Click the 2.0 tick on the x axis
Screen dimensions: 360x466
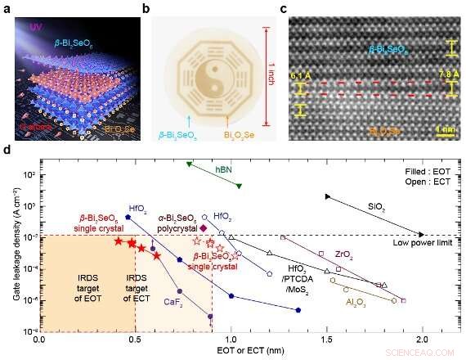point(422,338)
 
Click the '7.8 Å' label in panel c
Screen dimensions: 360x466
point(449,78)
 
